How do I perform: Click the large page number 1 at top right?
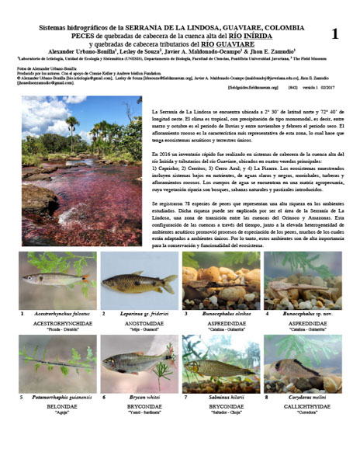[x=334, y=34]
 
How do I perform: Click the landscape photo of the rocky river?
[x=81, y=170]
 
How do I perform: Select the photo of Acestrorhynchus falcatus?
[x=57, y=280]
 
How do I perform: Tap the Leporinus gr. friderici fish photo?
[x=138, y=280]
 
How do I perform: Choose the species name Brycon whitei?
[x=140, y=397]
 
